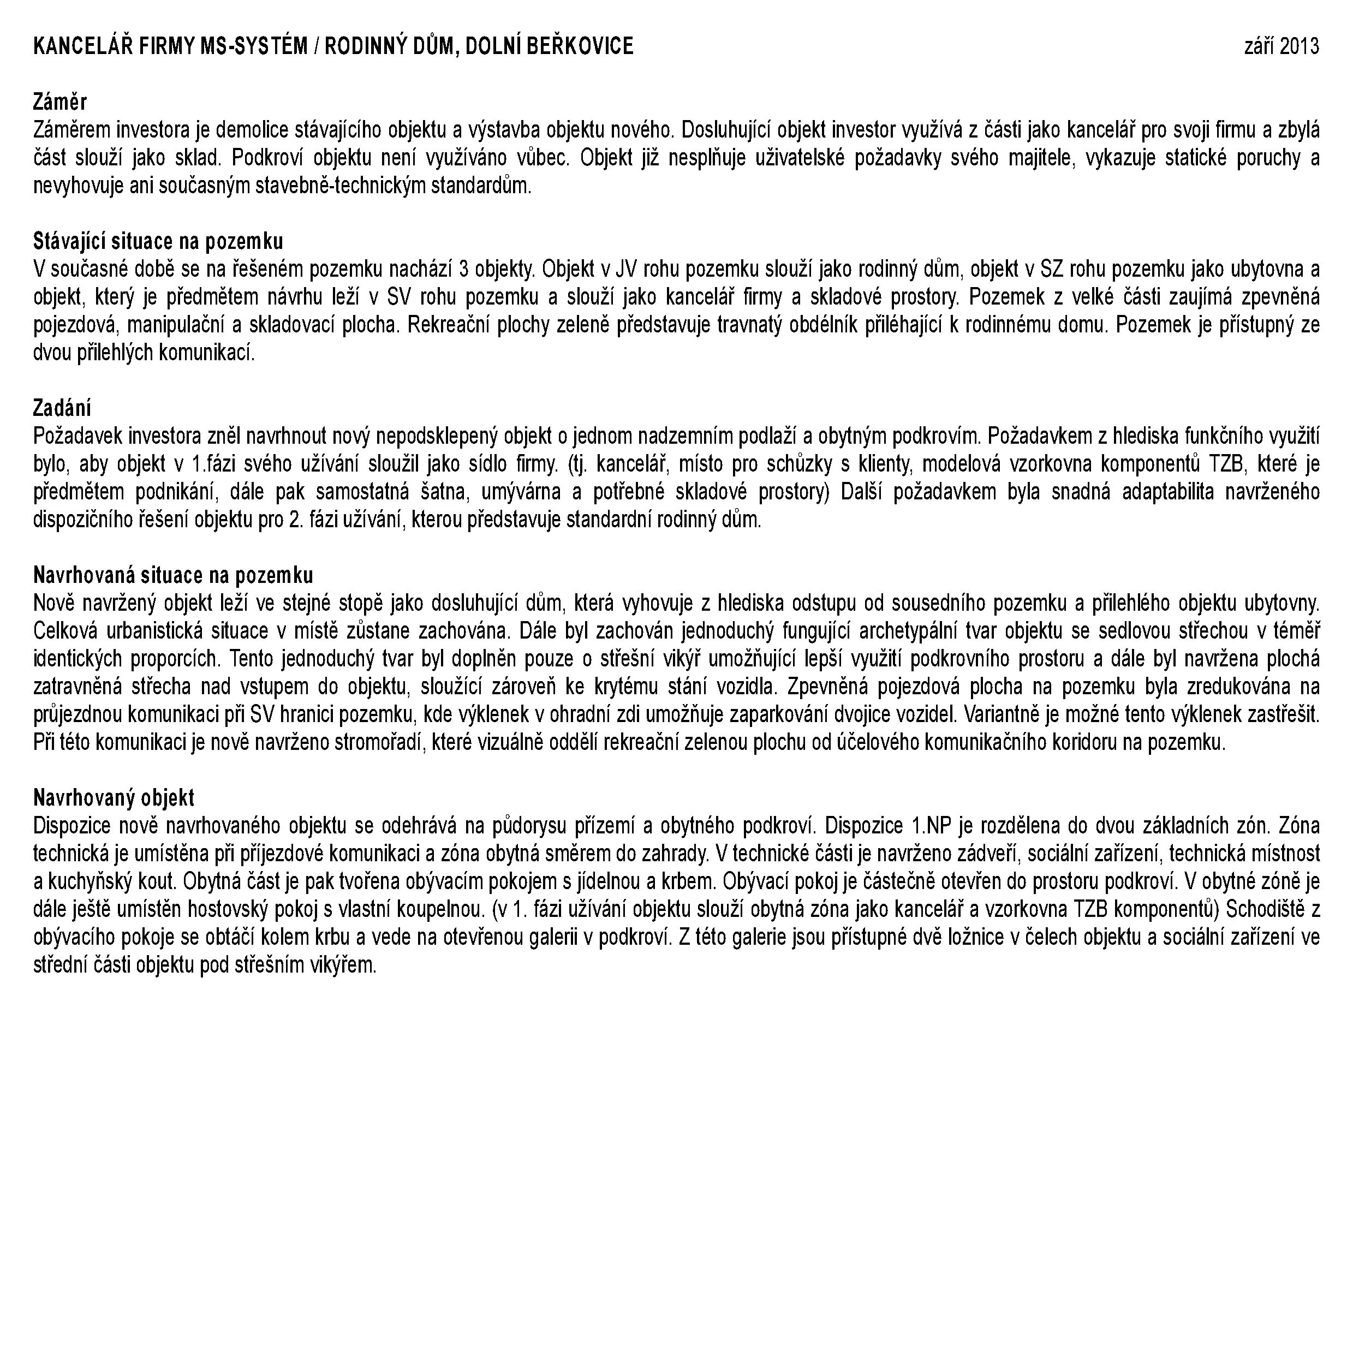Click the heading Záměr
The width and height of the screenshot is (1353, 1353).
60,102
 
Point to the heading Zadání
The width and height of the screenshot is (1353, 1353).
62,408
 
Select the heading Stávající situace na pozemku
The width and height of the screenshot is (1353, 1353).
158,242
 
